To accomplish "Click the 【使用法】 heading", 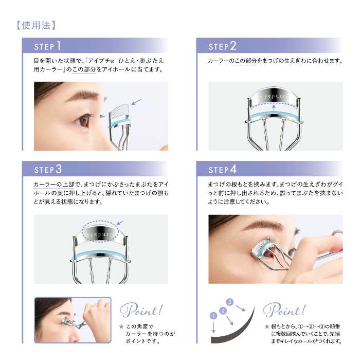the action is [x=36, y=25].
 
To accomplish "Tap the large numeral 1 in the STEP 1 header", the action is [x=59, y=45].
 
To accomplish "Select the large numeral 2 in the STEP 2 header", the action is [x=233, y=46].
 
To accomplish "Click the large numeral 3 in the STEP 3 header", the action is [x=59, y=169].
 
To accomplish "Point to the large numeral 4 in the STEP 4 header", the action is [x=233, y=169].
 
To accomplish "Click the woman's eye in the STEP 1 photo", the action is [x=83, y=120].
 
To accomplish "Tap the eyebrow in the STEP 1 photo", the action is [x=82, y=96].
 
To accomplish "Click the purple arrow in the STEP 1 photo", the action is [x=136, y=102].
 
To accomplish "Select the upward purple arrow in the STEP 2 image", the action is [x=274, y=107].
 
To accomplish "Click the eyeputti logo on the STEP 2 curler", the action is [x=274, y=96].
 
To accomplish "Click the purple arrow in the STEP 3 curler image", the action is [x=120, y=223].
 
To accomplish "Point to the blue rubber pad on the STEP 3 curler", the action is [x=100, y=254].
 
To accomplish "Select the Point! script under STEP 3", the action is [x=141, y=310].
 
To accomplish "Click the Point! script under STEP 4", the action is [x=284, y=310].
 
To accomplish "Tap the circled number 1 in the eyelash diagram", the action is [x=213, y=315].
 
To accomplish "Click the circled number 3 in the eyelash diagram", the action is [x=230, y=302].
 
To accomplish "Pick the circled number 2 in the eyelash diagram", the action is [x=223, y=311].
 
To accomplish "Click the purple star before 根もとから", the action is [x=267, y=326].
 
